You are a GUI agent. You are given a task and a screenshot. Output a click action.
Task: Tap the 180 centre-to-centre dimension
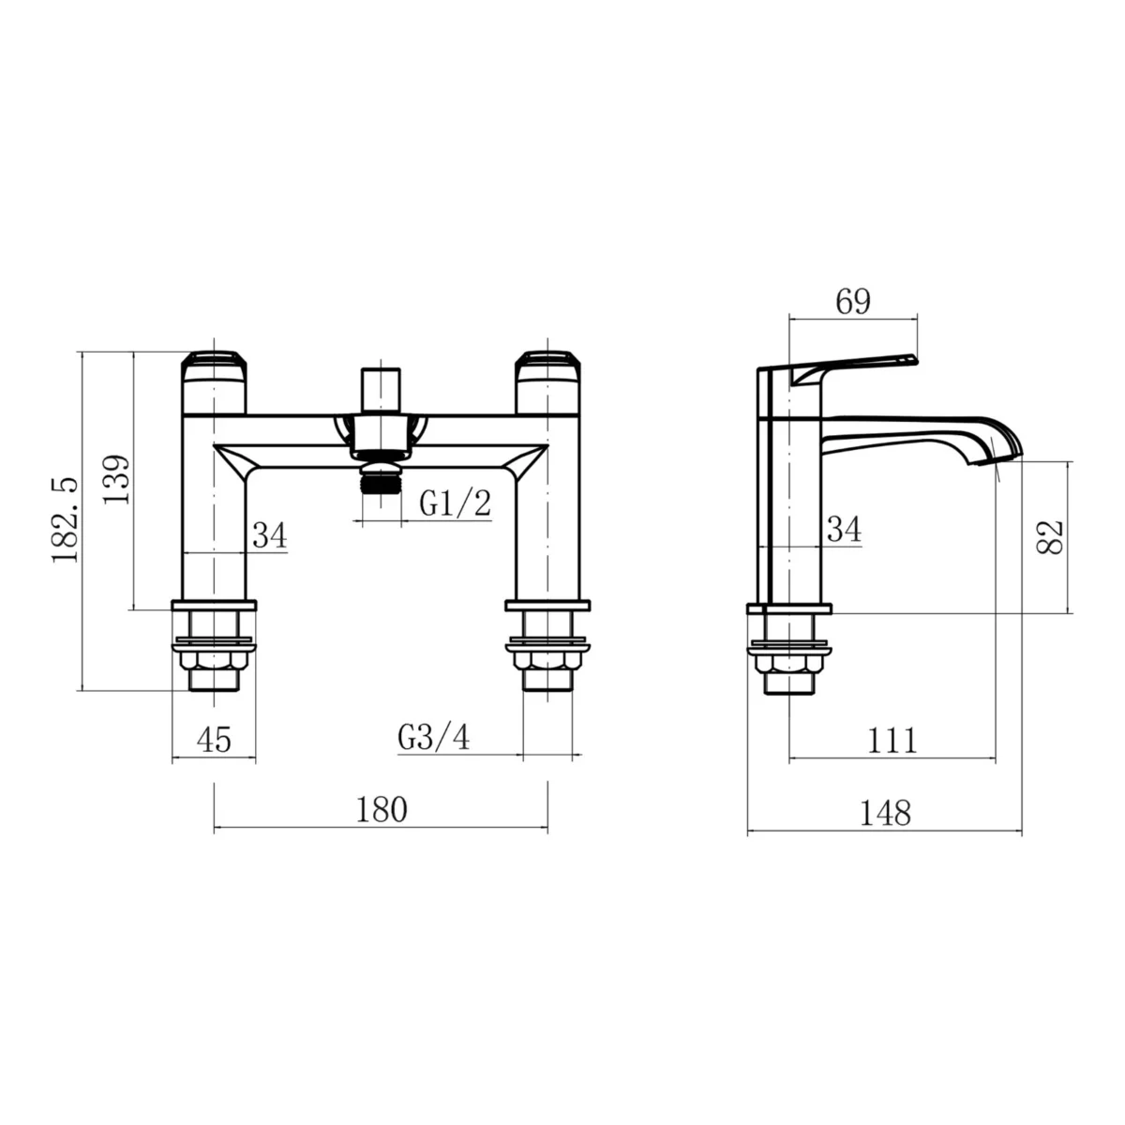[x=382, y=809]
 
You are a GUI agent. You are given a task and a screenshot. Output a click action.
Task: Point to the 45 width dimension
[x=214, y=740]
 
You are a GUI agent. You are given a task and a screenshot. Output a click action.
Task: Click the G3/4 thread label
[x=433, y=738]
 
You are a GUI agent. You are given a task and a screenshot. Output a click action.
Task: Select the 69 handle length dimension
[x=852, y=302]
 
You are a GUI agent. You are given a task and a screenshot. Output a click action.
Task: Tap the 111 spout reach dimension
[x=891, y=741]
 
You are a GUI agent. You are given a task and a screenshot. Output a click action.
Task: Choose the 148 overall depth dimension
[x=885, y=812]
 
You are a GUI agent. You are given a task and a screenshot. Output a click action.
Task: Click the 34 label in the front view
[x=269, y=536]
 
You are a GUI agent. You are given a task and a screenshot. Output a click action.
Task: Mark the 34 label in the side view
[x=844, y=531]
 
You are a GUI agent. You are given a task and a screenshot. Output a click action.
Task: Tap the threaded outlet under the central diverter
[x=381, y=477]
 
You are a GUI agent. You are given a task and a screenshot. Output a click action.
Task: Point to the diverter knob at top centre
[x=381, y=386]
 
